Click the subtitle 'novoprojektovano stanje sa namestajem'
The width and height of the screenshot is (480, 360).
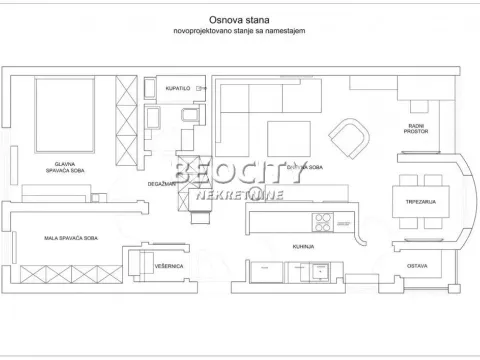coord(237,32)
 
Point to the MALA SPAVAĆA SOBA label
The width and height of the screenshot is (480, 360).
coord(70,237)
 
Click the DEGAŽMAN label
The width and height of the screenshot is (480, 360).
coord(162,184)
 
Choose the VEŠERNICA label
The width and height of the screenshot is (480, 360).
coord(168,266)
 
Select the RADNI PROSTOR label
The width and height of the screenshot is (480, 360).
coord(417,128)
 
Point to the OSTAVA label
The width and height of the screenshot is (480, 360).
coord(418,265)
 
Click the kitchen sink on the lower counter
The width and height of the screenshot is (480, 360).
coord(321,269)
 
